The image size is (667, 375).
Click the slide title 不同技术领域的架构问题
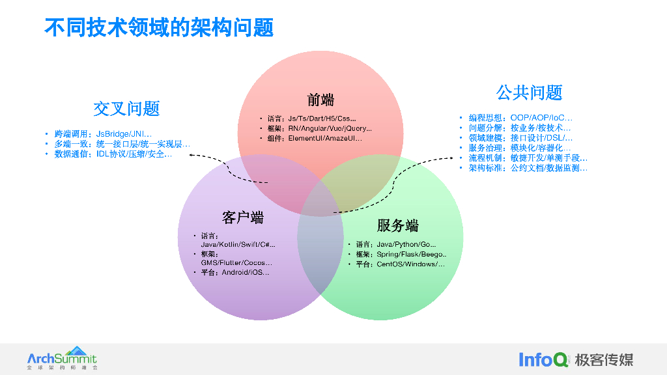tap(159, 27)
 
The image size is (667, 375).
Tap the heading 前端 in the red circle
tap(320, 100)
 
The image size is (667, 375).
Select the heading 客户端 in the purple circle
tap(242, 217)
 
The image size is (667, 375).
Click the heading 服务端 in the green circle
tap(397, 225)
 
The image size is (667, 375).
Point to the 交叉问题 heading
tap(126, 109)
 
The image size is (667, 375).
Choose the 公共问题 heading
tap(529, 92)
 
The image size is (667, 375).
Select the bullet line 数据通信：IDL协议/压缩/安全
tap(113, 154)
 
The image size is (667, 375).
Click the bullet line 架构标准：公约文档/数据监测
tap(528, 168)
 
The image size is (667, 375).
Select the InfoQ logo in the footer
tap(543, 359)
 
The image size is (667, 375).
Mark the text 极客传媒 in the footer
tap(604, 359)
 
